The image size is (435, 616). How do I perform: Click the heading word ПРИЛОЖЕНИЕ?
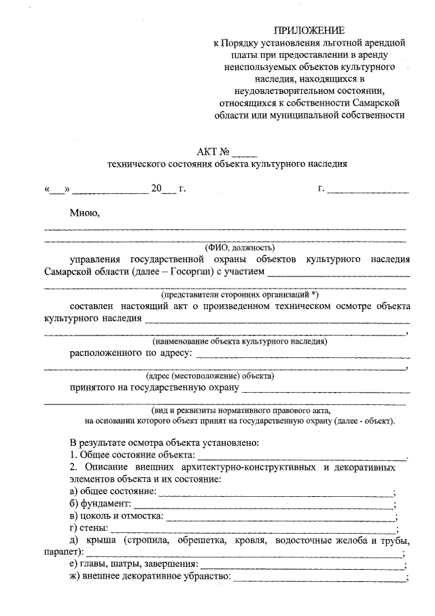pos(309,31)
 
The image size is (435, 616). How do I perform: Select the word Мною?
pos(85,213)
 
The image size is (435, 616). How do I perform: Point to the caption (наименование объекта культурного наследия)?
pos(241,340)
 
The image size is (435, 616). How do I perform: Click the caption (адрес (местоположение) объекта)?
pos(209,376)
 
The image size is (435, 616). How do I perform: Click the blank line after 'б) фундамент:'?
pos(262,504)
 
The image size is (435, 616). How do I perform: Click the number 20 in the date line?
pos(157,189)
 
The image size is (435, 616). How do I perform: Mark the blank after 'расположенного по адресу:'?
pos(303,355)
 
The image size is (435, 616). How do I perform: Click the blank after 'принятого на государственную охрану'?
pos(326,389)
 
